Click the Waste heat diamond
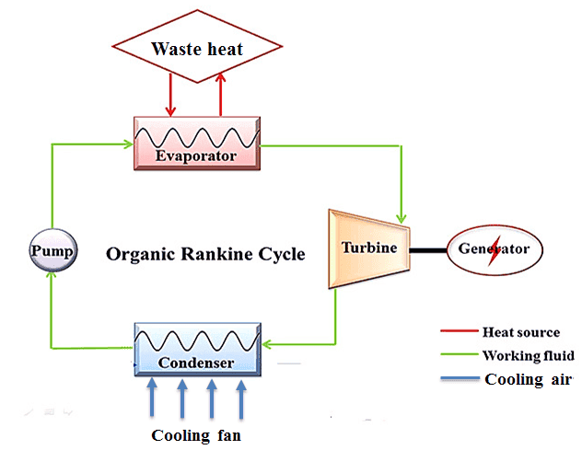tap(196, 48)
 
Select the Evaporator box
tap(195, 143)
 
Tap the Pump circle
tap(52, 249)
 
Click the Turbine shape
tap(368, 248)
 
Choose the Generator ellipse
tap(494, 249)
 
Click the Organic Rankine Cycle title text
tap(205, 253)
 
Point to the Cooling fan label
tap(196, 434)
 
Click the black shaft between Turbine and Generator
tap(428, 249)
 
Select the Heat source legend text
tap(520, 332)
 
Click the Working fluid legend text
tap(528, 355)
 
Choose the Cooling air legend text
tap(528, 379)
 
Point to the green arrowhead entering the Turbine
tap(402, 211)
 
